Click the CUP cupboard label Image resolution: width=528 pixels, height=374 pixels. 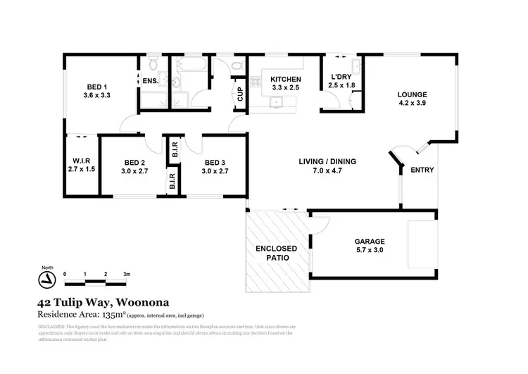(240, 92)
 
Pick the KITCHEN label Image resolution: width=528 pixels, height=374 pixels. (287, 79)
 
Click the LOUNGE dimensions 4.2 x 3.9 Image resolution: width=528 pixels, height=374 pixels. (412, 103)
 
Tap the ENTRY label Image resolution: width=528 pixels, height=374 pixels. (422, 170)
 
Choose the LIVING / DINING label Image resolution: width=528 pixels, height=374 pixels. (327, 161)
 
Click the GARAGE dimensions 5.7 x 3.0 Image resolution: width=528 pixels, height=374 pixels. (369, 249)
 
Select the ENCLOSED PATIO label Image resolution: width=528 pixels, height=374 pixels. (276, 253)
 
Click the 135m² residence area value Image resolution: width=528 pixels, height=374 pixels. (113, 313)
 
